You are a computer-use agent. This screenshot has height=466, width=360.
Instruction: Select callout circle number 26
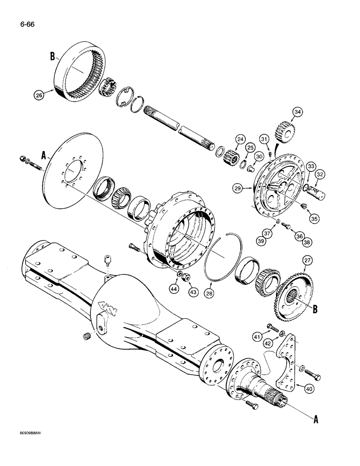tap(39, 95)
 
